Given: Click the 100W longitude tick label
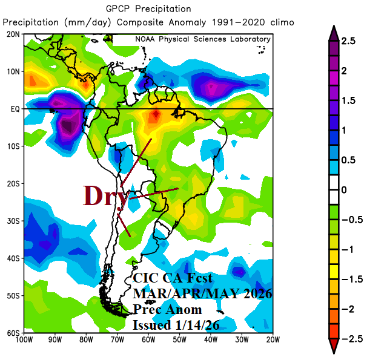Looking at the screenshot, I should click(x=25, y=339).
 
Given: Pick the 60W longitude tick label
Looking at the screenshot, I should click(x=147, y=339).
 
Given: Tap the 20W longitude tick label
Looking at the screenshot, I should click(x=272, y=339).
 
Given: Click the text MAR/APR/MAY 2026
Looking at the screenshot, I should click(x=202, y=293).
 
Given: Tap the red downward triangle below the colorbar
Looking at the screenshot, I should click(x=332, y=347).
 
